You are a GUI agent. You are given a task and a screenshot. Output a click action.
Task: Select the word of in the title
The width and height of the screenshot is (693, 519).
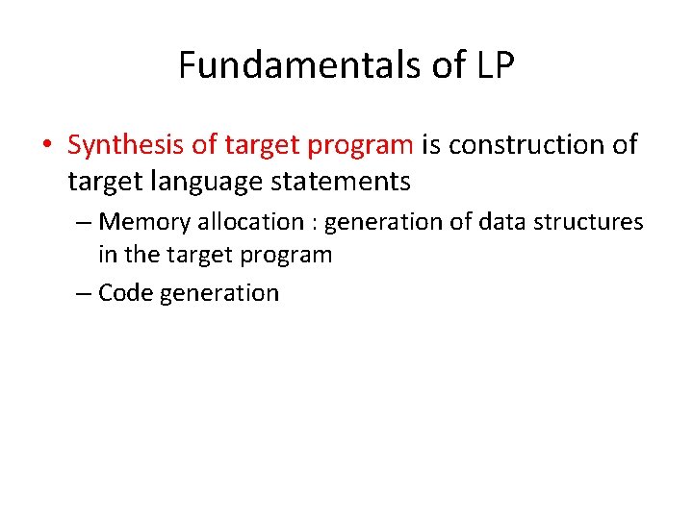click(x=445, y=65)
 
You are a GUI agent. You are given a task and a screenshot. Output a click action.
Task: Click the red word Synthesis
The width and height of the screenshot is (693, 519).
click(x=126, y=145)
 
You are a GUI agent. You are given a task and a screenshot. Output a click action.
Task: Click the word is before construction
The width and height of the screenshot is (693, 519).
click(x=430, y=145)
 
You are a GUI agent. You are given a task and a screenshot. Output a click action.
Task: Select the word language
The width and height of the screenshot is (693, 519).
click(x=195, y=180)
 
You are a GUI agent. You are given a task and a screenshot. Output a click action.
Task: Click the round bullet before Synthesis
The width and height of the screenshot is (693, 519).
click(x=46, y=146)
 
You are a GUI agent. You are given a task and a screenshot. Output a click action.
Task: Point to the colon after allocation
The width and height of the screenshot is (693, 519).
click(x=314, y=223)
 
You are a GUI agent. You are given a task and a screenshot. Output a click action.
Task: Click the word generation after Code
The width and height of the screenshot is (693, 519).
click(x=219, y=294)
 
